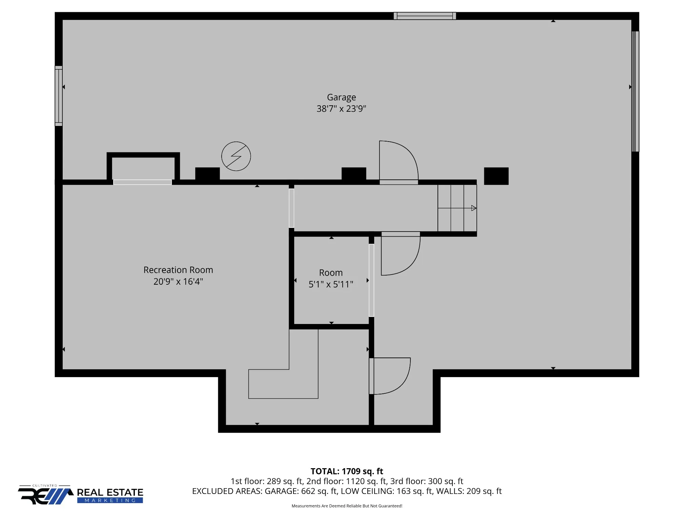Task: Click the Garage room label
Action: (341, 97)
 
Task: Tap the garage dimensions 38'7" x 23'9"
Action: (341, 109)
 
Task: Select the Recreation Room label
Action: (178, 270)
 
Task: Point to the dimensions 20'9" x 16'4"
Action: (178, 282)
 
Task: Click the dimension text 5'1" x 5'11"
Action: (331, 284)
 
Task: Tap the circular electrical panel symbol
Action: (236, 156)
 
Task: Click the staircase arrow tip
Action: (476, 208)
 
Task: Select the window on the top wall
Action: (425, 16)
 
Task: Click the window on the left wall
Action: (59, 96)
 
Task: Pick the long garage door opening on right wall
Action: (635, 91)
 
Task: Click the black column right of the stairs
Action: (496, 176)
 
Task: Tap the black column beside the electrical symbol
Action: (207, 174)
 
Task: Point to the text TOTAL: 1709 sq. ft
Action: (347, 471)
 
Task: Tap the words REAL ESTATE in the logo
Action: (110, 492)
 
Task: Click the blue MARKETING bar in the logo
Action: (110, 500)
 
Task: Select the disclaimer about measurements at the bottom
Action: (347, 506)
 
